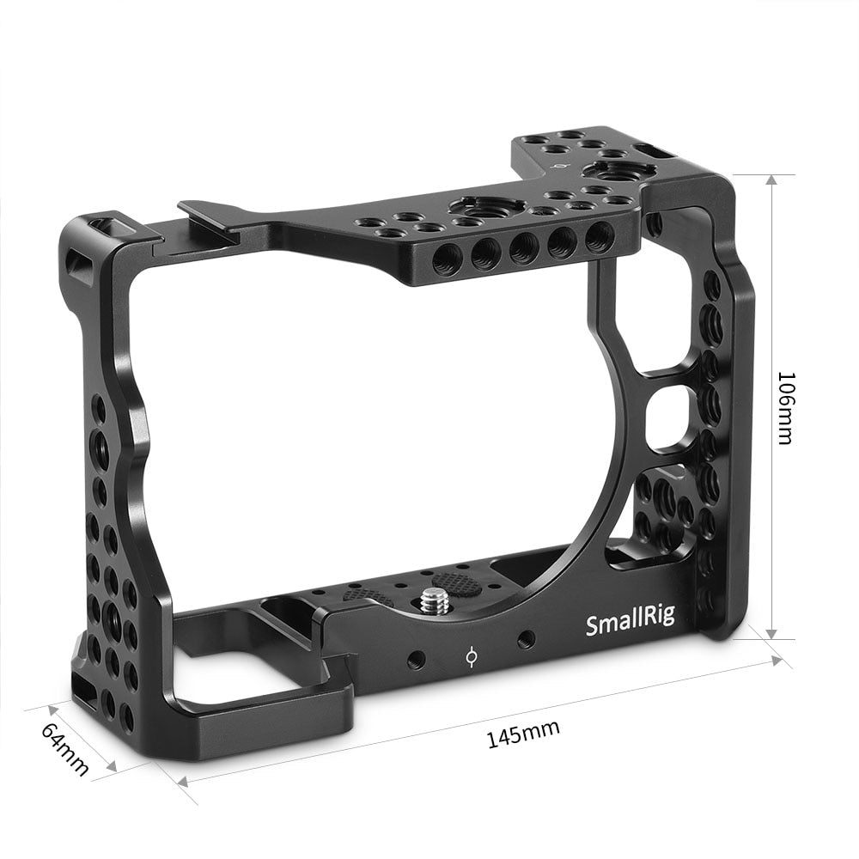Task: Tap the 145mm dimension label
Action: click(523, 734)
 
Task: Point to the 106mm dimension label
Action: click(784, 407)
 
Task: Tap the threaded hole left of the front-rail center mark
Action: click(417, 660)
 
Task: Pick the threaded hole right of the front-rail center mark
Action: click(526, 639)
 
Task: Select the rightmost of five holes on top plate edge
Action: click(600, 235)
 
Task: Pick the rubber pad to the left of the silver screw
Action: click(362, 595)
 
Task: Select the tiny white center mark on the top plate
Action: click(563, 166)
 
